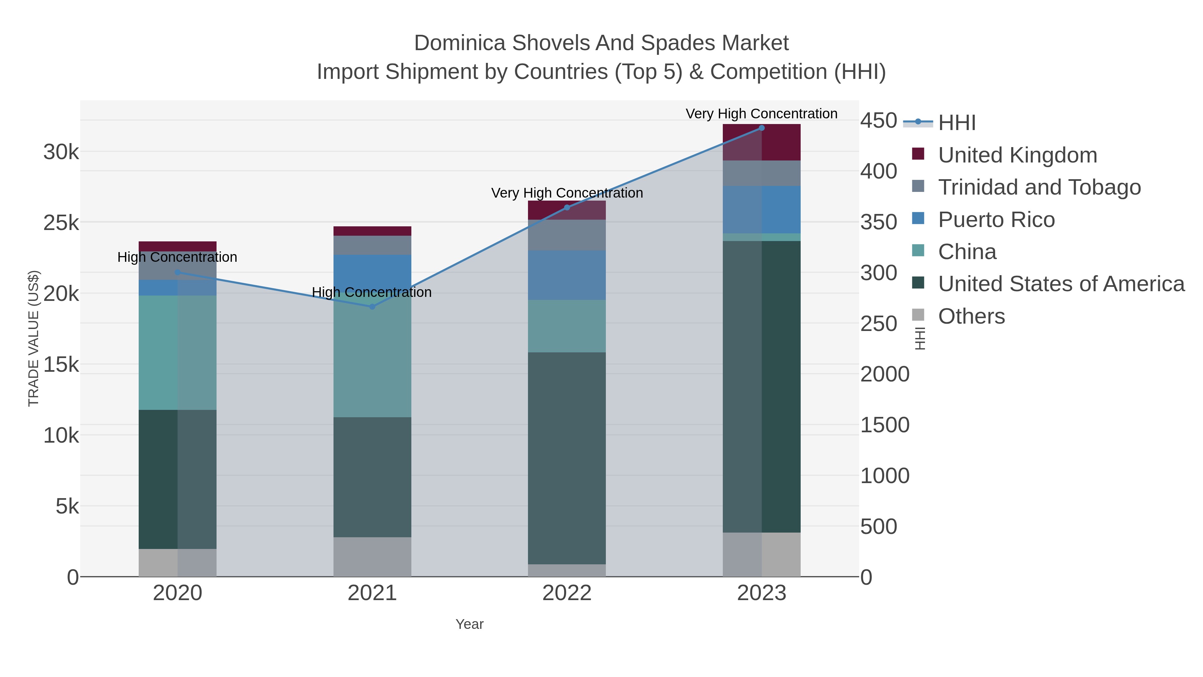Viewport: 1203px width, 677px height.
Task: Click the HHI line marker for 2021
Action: click(372, 307)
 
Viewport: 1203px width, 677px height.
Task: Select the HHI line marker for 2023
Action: click(762, 128)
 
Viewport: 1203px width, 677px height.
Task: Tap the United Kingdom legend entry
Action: click(1017, 155)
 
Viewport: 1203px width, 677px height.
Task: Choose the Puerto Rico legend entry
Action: click(996, 220)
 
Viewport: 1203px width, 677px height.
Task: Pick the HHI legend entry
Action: click(956, 123)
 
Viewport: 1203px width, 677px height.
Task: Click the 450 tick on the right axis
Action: click(879, 121)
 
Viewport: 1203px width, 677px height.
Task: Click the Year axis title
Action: click(470, 624)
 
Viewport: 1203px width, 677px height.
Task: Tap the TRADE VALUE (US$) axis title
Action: click(34, 338)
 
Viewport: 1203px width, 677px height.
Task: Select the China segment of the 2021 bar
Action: click(372, 355)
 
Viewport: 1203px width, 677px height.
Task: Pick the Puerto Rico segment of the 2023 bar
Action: click(762, 209)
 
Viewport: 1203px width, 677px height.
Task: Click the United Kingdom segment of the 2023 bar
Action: click(762, 142)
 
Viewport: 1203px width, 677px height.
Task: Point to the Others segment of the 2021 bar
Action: click(372, 557)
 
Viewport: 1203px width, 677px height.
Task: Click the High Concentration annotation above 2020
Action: click(177, 257)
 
